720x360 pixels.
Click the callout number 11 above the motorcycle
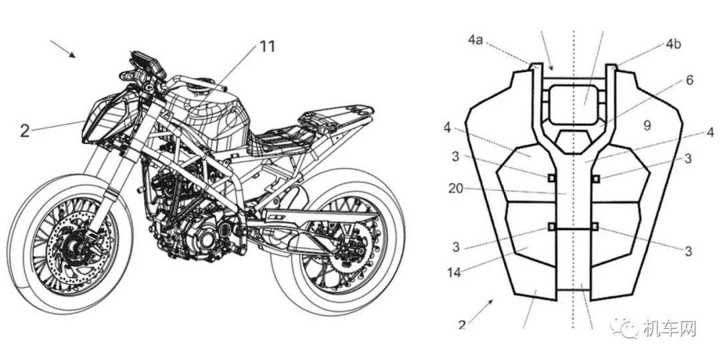pyautogui.click(x=267, y=47)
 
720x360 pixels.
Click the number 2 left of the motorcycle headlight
pyautogui.click(x=25, y=131)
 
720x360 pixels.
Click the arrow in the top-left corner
pyautogui.click(x=63, y=49)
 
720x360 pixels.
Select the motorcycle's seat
pyautogui.click(x=280, y=137)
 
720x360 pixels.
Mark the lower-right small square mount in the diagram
pyautogui.click(x=595, y=227)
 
